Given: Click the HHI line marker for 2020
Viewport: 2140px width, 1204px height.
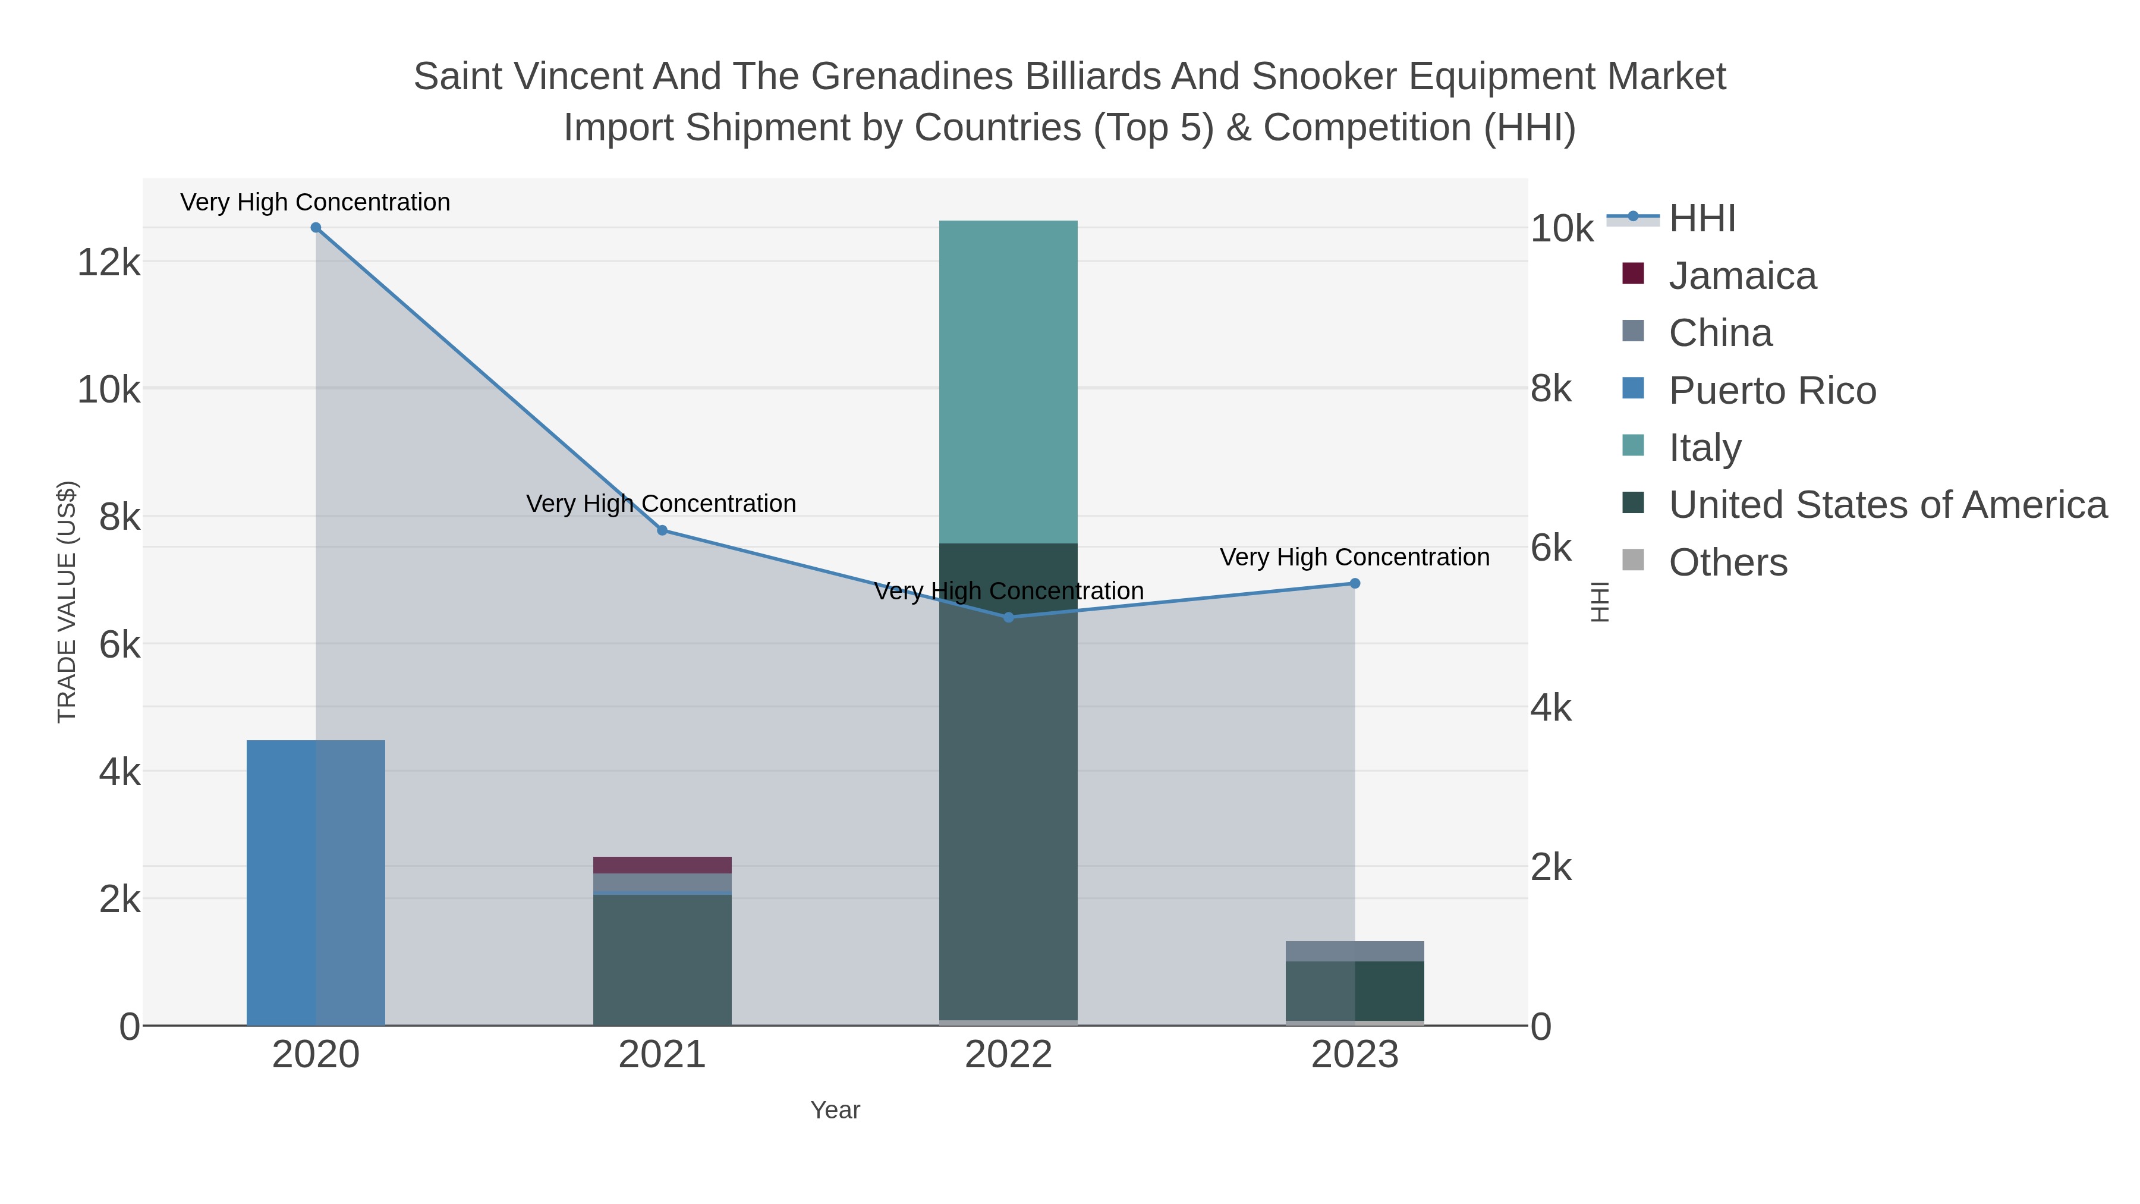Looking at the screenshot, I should click(x=316, y=228).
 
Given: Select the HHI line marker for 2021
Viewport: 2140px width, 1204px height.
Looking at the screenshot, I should click(x=662, y=530).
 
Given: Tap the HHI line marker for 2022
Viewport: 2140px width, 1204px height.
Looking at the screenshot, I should click(x=1009, y=617).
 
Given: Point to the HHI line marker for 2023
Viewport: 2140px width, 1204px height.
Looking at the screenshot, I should click(x=1355, y=583).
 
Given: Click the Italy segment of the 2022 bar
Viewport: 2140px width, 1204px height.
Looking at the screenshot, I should click(x=1009, y=382).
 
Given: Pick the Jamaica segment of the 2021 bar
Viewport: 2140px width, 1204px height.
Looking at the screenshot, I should click(x=662, y=865).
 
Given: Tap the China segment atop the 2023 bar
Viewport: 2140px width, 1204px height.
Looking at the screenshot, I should click(x=1355, y=951).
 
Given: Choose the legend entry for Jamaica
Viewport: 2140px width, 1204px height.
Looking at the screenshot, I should click(x=1742, y=276).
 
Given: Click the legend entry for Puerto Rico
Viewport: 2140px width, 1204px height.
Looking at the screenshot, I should click(x=1772, y=391).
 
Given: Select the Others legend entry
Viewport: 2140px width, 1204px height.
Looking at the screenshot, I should click(x=1728, y=562).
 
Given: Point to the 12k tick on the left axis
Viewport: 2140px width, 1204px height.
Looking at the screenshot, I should click(x=109, y=263).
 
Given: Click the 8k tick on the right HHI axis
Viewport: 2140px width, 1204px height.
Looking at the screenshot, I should click(x=1551, y=389).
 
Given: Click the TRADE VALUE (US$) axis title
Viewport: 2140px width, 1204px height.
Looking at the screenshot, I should click(x=67, y=602).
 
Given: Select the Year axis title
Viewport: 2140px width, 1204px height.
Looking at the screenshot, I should click(x=835, y=1110).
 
